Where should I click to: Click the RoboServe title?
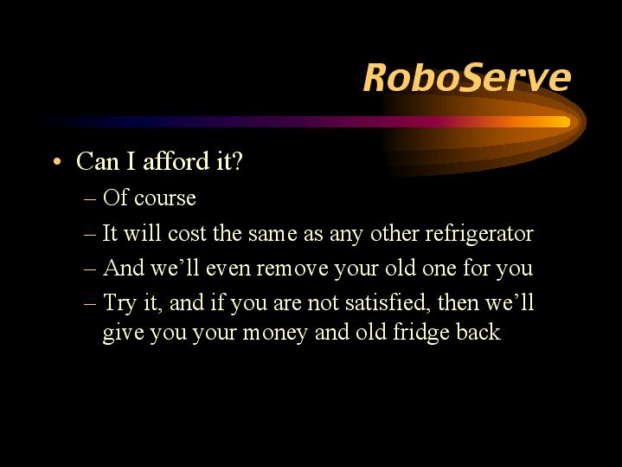click(467, 78)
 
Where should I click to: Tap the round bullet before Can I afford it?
click(57, 162)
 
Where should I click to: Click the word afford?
click(176, 161)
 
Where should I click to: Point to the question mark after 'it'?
click(236, 161)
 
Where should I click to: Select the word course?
click(165, 198)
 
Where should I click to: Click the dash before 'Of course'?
click(90, 198)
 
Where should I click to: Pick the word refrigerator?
click(479, 233)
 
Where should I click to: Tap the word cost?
click(187, 233)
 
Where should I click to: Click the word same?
click(273, 234)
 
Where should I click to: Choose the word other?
click(394, 233)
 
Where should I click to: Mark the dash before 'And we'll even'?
click(90, 269)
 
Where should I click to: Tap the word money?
click(275, 333)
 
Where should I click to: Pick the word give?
click(123, 333)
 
